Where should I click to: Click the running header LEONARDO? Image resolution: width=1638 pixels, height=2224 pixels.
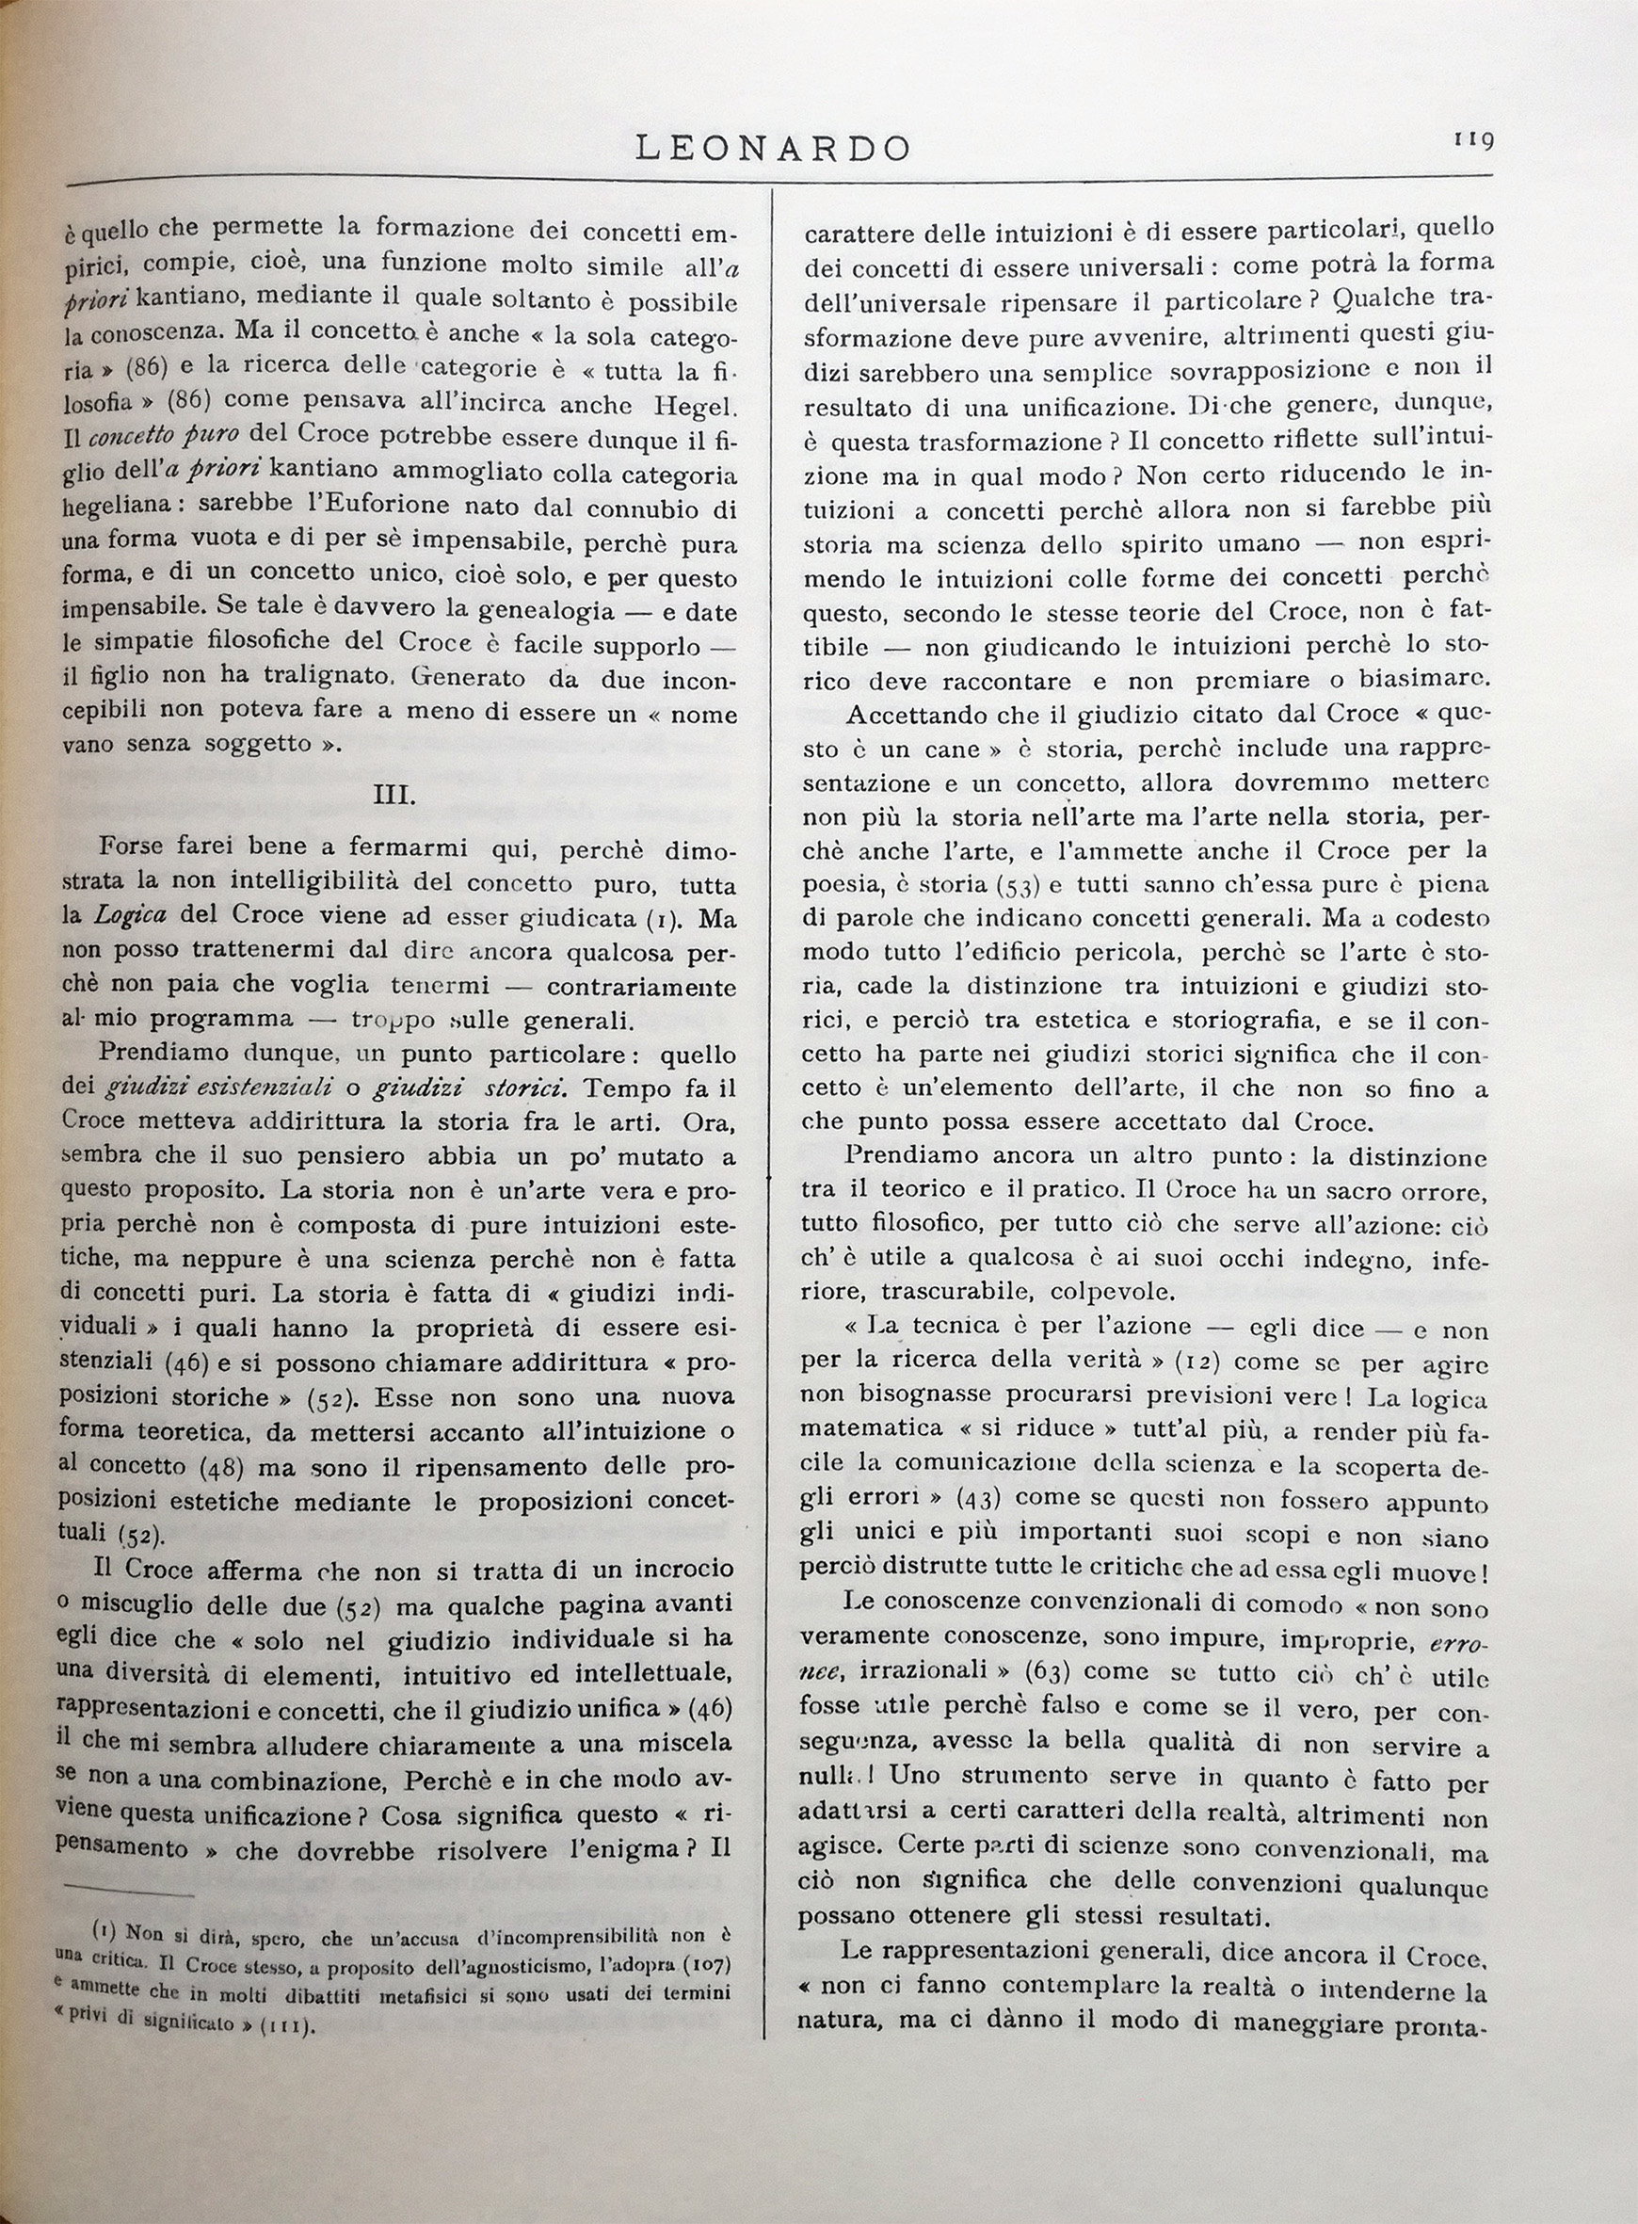772,148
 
